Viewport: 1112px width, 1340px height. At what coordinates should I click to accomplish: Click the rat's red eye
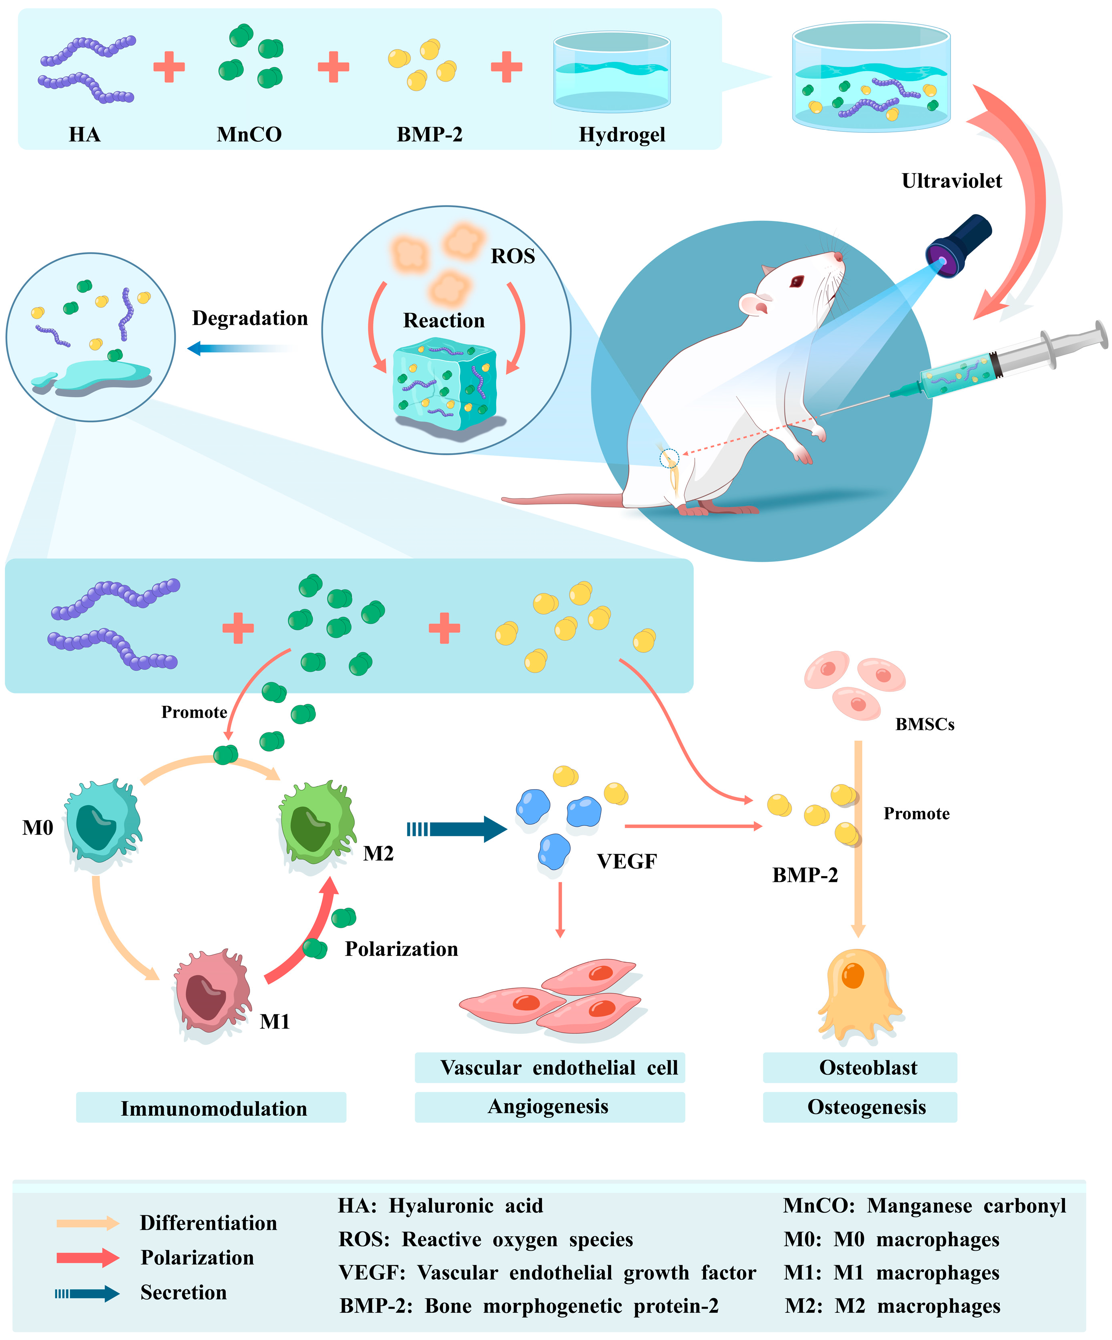[797, 280]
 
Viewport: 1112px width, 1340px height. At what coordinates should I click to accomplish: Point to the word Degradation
[250, 318]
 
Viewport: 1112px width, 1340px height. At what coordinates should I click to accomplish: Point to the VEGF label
[626, 861]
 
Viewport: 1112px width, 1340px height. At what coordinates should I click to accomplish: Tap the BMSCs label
[924, 724]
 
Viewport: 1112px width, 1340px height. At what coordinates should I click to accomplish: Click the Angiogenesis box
[549, 1106]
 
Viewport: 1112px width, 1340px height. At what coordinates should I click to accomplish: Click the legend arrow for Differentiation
[88, 1223]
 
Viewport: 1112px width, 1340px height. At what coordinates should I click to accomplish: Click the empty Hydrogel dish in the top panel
[611, 70]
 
